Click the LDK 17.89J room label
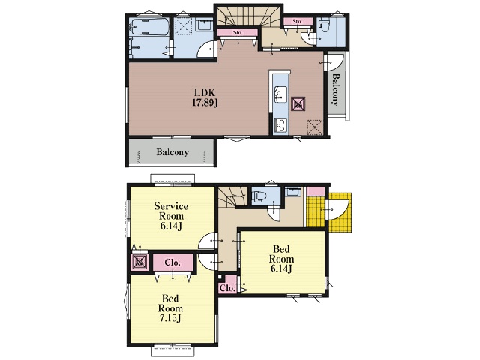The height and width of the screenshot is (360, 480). [205, 97]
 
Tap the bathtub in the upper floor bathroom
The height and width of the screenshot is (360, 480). [149, 27]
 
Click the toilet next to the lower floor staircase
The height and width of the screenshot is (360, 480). [259, 196]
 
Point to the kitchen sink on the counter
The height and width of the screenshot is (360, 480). [280, 94]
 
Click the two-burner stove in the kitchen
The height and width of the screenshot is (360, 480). [280, 125]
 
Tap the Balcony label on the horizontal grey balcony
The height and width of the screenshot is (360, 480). [172, 152]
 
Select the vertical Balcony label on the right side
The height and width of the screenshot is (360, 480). [336, 90]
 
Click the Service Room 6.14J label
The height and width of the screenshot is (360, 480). [171, 216]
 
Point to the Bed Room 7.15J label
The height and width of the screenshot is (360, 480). [170, 308]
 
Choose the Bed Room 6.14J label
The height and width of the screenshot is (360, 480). [282, 259]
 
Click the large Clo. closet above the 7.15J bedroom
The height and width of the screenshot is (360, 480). [173, 262]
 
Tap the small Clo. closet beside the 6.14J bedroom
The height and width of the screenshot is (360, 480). [228, 285]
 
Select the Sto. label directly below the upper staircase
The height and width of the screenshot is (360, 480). [238, 32]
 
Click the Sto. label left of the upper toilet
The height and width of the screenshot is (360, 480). [297, 22]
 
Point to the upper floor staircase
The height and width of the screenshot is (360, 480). [248, 16]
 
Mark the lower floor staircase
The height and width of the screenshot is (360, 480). [232, 196]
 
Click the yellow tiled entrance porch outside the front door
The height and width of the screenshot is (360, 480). [340, 212]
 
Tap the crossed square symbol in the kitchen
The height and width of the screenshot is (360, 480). [298, 104]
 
